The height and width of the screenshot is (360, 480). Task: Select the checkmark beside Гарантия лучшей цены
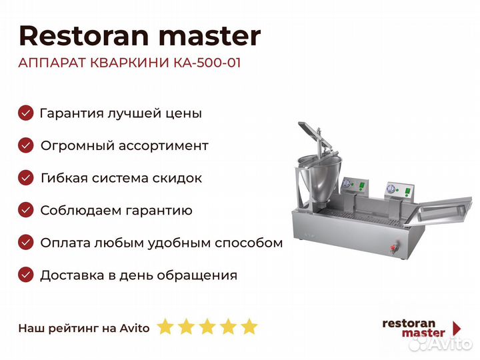tap(25, 113)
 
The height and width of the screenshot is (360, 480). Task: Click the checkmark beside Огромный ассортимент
tap(25, 145)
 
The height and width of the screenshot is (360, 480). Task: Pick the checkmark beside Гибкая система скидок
tap(25, 177)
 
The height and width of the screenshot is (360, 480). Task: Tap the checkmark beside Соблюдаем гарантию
tap(25, 210)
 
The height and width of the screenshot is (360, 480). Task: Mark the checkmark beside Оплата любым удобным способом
tap(25, 242)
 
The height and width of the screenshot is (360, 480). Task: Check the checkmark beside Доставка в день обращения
tap(25, 274)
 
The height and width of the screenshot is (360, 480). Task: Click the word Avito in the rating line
tap(135, 327)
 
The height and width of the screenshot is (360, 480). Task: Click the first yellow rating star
tap(165, 327)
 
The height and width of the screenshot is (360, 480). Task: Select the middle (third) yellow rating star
tap(207, 327)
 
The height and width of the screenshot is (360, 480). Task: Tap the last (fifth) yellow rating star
tap(249, 327)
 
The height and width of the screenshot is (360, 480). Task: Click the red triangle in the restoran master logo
tap(457, 328)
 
